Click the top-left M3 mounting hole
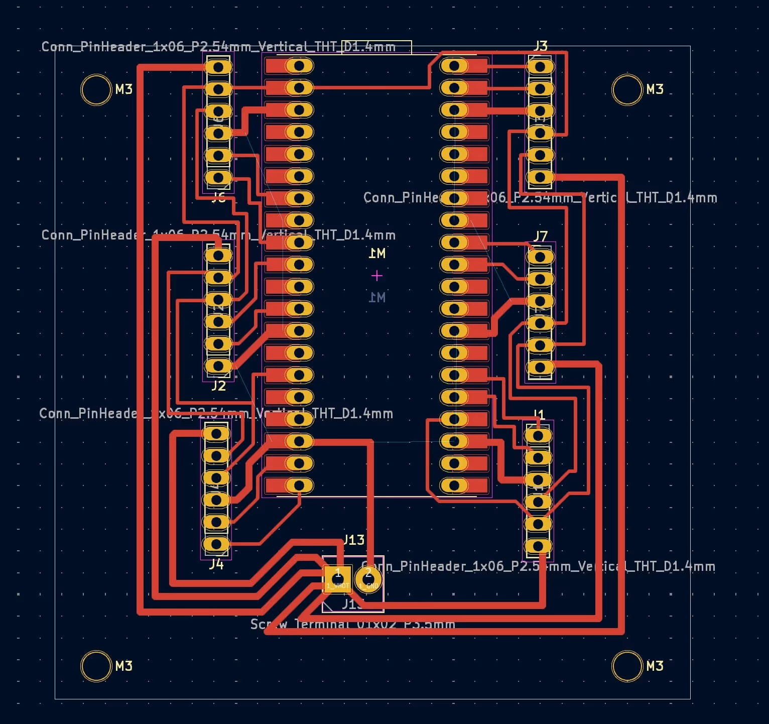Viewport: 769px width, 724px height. [96, 90]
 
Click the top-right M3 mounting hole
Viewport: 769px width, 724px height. [627, 90]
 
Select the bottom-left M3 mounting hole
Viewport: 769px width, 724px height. [96, 666]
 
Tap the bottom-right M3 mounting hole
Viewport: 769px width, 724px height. [627, 666]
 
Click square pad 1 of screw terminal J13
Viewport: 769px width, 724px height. [337, 579]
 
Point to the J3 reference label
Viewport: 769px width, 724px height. [540, 46]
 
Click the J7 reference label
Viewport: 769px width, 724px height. [540, 236]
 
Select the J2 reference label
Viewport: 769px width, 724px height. [218, 386]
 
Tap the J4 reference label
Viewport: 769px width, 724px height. [216, 564]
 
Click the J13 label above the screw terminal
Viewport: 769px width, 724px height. [354, 540]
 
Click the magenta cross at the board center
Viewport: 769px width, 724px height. [377, 276]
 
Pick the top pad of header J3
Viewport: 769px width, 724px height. [540, 66]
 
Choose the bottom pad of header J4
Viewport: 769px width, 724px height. [216, 544]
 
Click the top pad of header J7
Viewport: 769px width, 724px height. [540, 257]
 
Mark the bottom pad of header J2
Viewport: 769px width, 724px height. [219, 366]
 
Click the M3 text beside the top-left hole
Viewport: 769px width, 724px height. [123, 89]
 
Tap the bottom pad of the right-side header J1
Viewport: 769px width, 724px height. [538, 546]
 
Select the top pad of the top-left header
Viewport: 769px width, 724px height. [219, 67]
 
